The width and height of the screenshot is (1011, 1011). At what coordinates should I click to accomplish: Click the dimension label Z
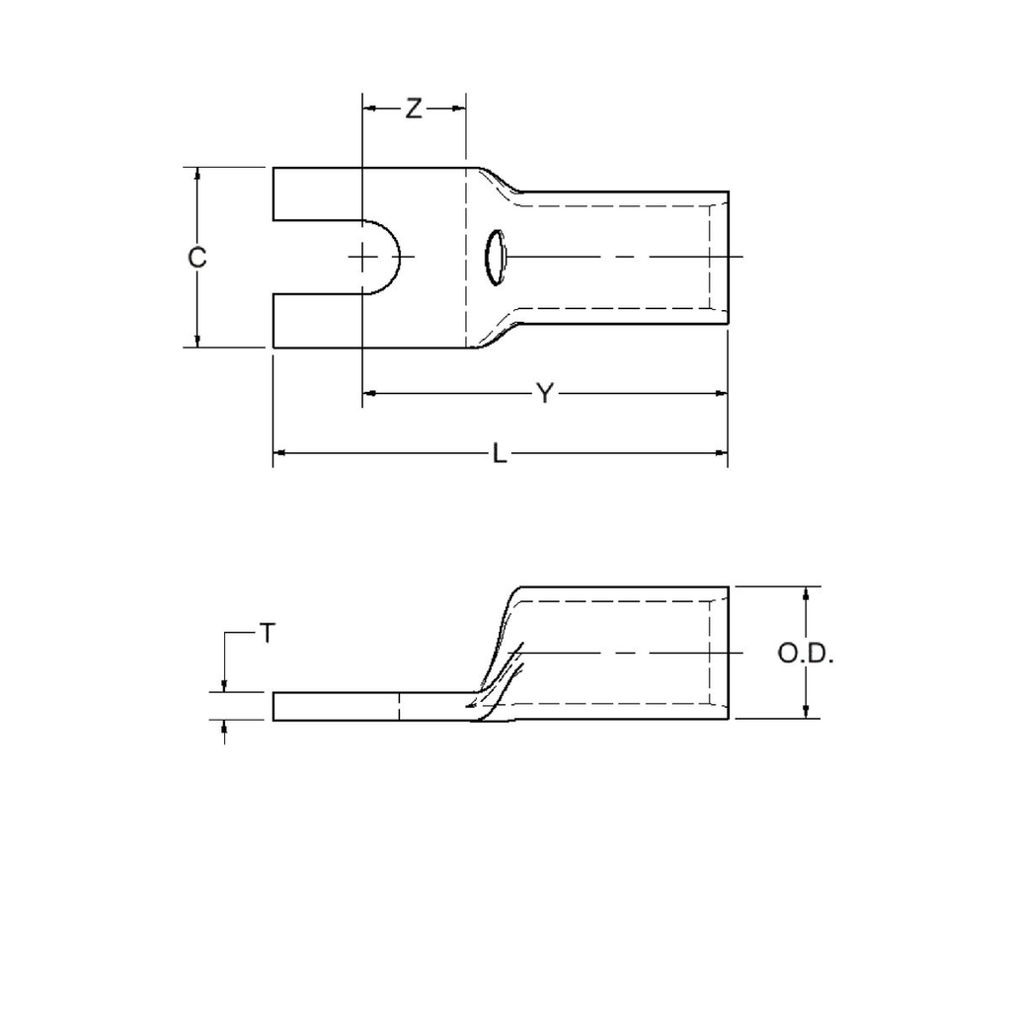click(x=414, y=110)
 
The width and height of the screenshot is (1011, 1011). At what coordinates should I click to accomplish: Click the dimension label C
click(x=197, y=258)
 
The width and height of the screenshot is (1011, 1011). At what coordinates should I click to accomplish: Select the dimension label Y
click(x=544, y=394)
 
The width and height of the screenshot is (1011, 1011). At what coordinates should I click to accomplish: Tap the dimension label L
click(x=501, y=454)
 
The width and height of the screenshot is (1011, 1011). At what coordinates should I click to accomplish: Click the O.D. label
click(x=806, y=654)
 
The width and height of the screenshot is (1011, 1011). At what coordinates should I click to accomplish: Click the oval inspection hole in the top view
click(x=494, y=258)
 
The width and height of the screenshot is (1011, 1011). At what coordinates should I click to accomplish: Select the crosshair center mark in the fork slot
click(x=364, y=258)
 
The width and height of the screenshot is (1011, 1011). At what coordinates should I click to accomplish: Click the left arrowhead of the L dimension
click(x=279, y=453)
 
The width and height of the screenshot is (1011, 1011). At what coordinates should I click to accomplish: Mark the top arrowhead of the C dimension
click(x=197, y=175)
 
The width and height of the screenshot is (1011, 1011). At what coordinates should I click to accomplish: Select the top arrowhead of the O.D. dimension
click(x=808, y=593)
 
